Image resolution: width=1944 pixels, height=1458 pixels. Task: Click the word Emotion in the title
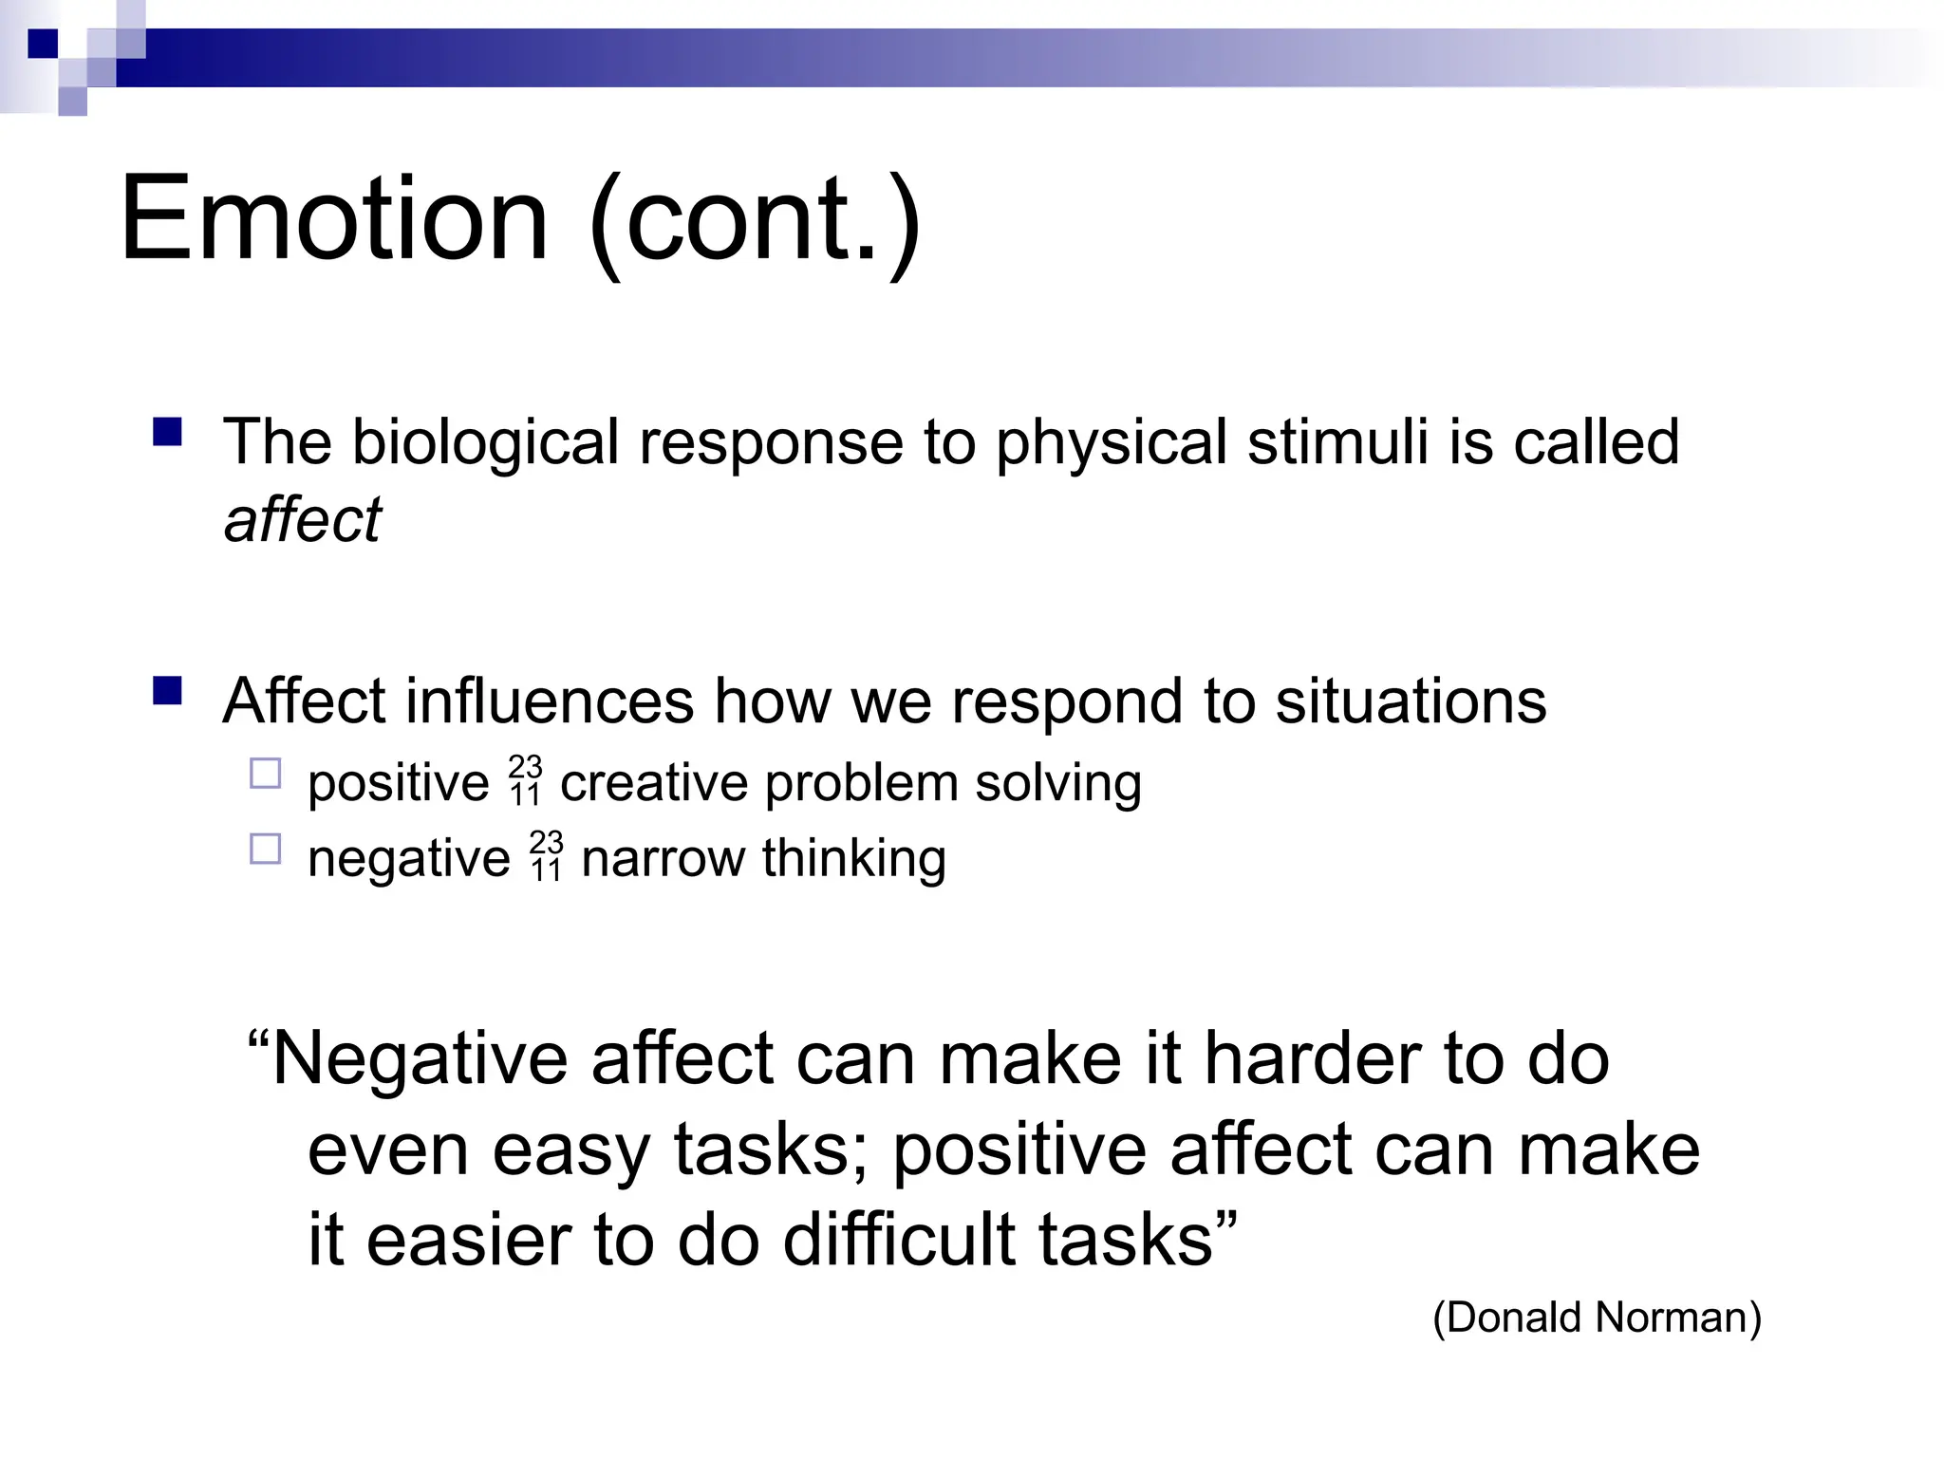[x=334, y=220]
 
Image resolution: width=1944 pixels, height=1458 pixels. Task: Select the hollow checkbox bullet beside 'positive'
[x=266, y=774]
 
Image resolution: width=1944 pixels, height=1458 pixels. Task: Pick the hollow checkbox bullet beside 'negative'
[x=266, y=849]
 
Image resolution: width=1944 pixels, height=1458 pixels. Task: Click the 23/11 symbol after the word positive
[x=525, y=780]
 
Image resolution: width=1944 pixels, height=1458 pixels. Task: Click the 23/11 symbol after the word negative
[x=546, y=856]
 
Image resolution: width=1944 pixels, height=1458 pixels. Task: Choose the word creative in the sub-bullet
[x=654, y=784]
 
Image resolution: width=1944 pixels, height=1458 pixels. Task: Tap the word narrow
[x=662, y=859]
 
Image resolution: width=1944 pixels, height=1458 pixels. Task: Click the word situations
[x=1411, y=702]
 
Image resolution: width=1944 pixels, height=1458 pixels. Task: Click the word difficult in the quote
[x=900, y=1241]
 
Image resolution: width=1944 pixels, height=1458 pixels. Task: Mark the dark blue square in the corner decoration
[x=43, y=44]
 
